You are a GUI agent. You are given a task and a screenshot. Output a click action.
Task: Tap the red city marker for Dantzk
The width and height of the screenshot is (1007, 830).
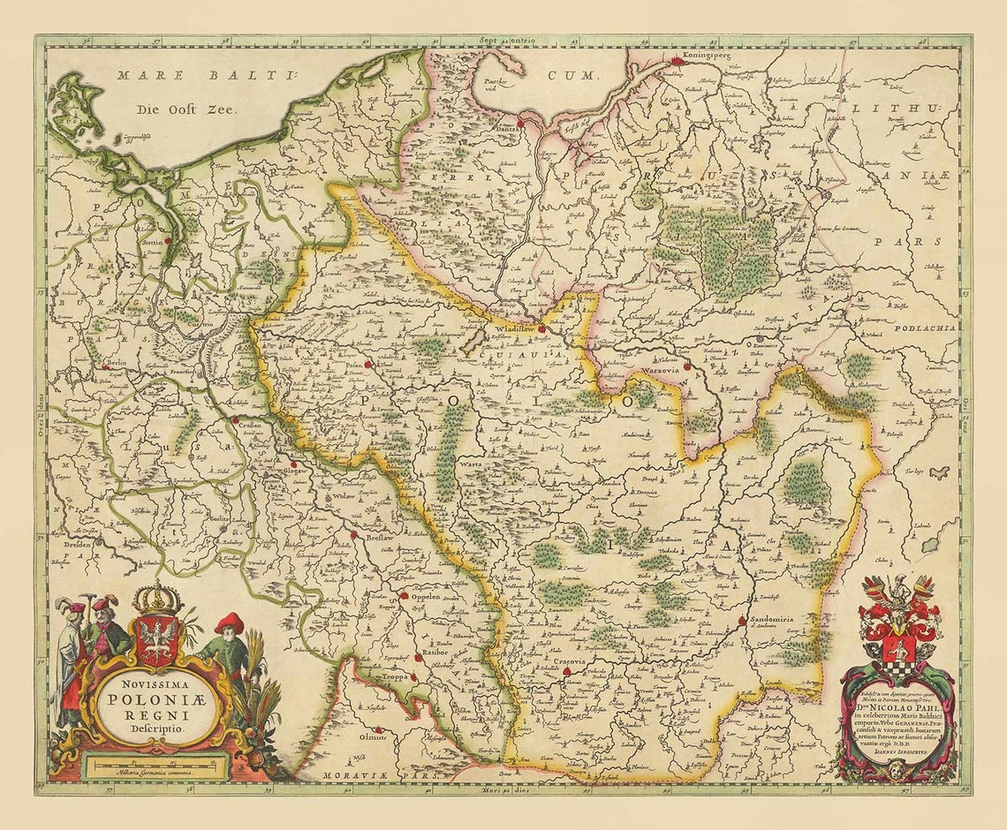tap(521, 124)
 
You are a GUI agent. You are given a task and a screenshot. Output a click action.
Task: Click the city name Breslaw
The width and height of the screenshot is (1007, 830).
tap(375, 534)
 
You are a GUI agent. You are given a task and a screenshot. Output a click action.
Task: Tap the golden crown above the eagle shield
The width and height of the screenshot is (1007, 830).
tap(157, 599)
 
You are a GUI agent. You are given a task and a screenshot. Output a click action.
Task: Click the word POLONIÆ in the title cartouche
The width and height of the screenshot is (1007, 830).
tap(155, 694)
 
